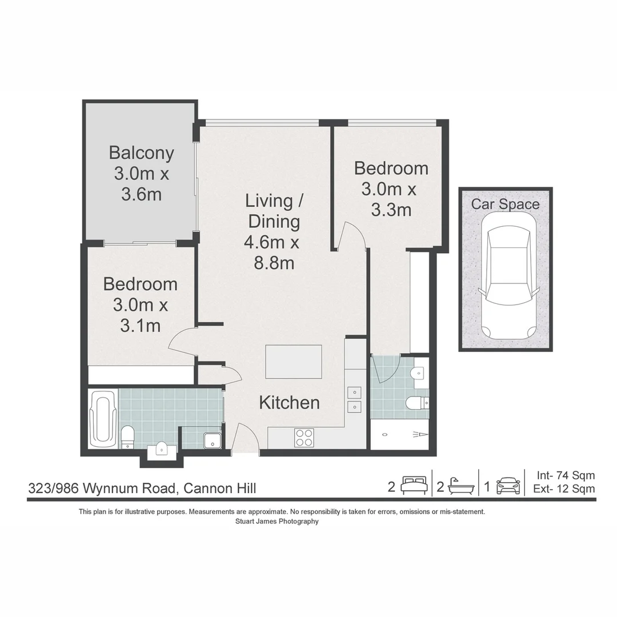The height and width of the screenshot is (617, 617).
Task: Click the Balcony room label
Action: [x=142, y=153]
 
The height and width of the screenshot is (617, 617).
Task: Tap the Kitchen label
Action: [x=289, y=403]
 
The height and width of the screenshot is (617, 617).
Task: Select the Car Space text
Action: [x=505, y=204]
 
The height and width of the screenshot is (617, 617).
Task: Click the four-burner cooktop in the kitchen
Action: [x=304, y=438]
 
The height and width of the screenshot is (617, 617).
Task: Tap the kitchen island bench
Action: [x=294, y=362]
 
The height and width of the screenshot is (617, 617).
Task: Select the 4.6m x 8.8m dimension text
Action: [x=273, y=253]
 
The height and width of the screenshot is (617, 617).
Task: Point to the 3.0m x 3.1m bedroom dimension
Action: [x=141, y=315]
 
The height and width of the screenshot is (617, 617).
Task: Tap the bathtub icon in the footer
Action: [x=461, y=486]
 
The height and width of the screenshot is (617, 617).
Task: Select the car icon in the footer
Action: [x=508, y=486]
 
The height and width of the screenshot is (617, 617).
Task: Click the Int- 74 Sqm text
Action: [x=566, y=475]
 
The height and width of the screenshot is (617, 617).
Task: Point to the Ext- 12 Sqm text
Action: [x=564, y=488]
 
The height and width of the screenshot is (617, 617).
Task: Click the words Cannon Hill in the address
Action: [x=220, y=488]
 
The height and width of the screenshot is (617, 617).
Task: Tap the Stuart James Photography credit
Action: [x=277, y=522]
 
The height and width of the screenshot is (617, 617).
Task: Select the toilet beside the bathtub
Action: [x=127, y=436]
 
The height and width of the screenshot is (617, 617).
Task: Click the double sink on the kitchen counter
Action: [x=355, y=399]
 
